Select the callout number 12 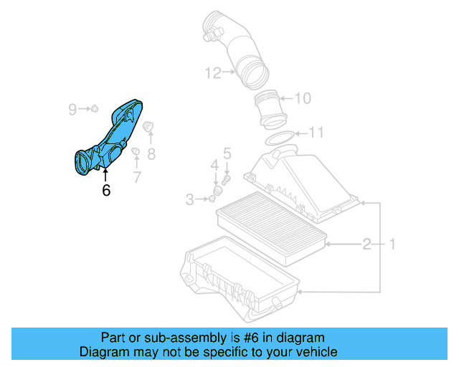[212, 72]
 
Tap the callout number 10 [303, 98]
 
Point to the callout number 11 [316, 133]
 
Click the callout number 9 [72, 109]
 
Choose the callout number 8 [151, 153]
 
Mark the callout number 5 [227, 153]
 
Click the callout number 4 [214, 166]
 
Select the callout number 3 [190, 200]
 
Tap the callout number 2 [366, 245]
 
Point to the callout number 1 [392, 245]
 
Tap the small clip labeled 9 [93, 109]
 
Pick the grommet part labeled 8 [149, 128]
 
